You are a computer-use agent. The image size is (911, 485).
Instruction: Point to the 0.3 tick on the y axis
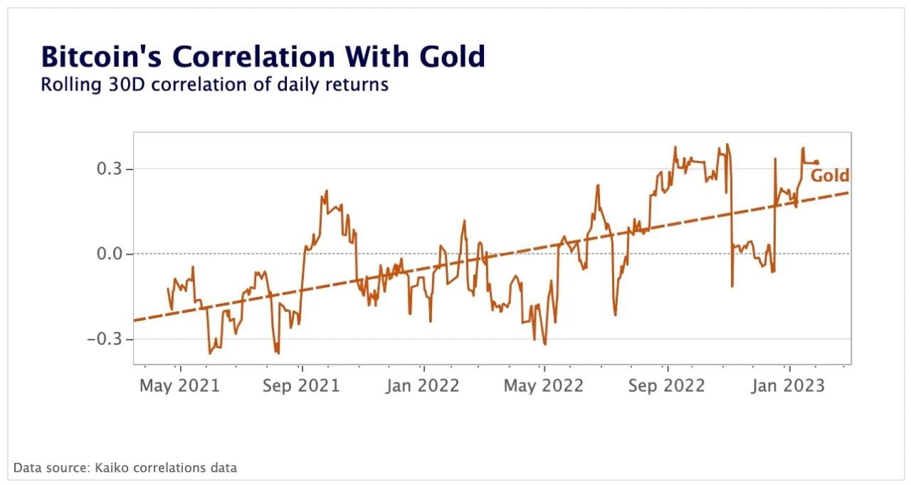[110, 170]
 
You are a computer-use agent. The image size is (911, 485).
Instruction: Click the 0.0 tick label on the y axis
[110, 254]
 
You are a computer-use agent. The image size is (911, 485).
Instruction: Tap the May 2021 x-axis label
[179, 386]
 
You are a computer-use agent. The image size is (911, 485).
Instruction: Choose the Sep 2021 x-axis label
[302, 386]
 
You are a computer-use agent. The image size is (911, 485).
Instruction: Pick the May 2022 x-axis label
[544, 386]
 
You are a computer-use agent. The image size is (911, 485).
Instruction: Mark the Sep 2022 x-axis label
[668, 386]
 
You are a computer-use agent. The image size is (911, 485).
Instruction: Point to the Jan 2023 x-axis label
[789, 386]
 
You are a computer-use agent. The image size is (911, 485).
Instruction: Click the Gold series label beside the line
[830, 176]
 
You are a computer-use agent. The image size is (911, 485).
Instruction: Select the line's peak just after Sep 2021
[326, 191]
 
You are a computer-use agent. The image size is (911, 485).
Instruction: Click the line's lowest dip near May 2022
[545, 345]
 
